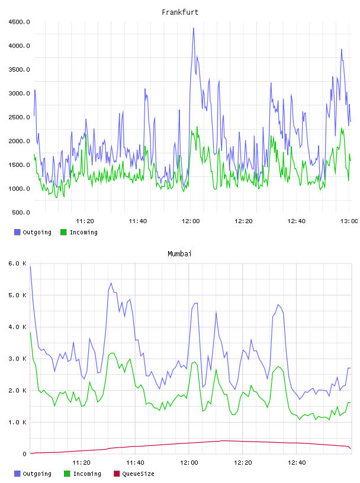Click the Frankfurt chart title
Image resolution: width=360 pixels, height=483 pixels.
click(180, 12)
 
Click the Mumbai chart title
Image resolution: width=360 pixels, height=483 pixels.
click(179, 253)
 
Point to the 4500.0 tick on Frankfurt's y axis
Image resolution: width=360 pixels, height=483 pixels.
click(19, 22)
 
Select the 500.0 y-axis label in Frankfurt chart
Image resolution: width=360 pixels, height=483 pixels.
click(21, 212)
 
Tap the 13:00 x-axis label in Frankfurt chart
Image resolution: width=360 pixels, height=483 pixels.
click(349, 221)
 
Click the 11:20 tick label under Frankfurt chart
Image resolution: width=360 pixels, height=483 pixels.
click(85, 221)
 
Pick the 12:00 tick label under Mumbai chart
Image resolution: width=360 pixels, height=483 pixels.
click(189, 462)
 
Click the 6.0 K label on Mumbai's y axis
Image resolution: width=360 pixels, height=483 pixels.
click(18, 263)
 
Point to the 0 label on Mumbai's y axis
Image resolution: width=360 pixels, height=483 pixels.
click(24, 454)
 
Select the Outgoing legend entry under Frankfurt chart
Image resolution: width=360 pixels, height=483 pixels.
click(33, 232)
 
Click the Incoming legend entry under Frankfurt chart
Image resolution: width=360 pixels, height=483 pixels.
click(79, 232)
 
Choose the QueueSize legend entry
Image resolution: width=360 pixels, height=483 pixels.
click(134, 474)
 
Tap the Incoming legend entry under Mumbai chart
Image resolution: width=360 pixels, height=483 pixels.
click(82, 474)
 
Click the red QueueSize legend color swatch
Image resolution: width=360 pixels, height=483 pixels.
click(117, 474)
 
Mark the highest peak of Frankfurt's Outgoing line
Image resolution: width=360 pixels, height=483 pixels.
click(194, 28)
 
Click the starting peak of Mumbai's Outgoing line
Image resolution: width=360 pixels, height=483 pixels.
click(30, 267)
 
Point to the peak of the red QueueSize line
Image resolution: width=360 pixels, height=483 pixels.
click(223, 440)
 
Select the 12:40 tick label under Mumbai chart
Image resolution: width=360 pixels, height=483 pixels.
click(297, 462)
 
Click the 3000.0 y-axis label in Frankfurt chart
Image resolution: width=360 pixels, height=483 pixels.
click(19, 94)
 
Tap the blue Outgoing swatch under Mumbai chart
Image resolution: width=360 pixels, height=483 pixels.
click(17, 474)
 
